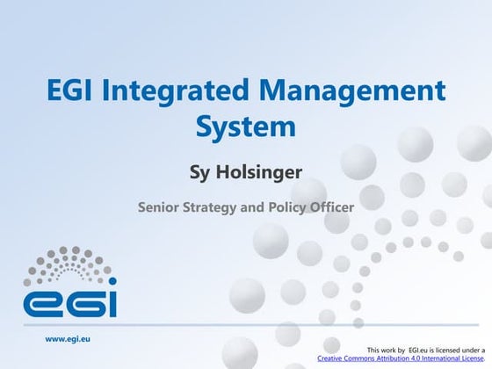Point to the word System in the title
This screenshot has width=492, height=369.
point(245,127)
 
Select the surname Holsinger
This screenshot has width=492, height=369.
point(263,170)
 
